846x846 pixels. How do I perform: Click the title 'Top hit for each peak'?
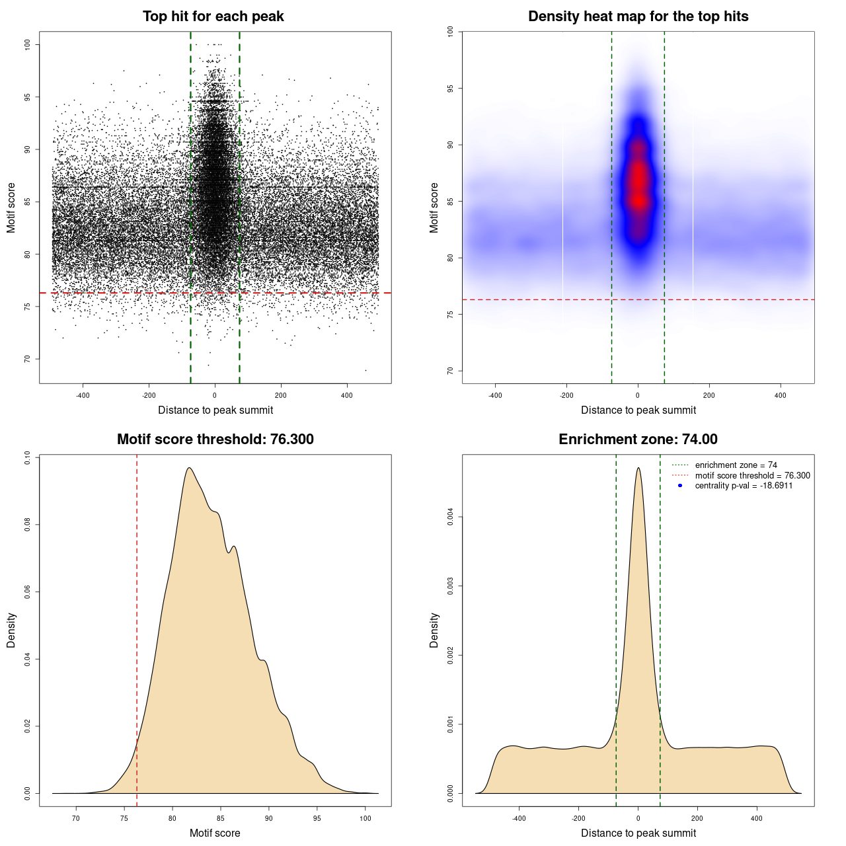[x=213, y=17]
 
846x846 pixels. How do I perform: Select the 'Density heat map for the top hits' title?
[x=638, y=17]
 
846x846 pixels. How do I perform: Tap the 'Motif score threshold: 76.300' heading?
[x=215, y=440]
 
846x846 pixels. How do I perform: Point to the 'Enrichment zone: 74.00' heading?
[x=638, y=440]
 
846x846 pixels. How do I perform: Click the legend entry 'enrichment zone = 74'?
[x=736, y=465]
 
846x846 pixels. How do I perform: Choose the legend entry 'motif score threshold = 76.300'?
[x=752, y=475]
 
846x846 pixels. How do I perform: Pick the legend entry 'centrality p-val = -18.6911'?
[x=744, y=486]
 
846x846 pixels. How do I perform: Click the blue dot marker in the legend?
[x=680, y=486]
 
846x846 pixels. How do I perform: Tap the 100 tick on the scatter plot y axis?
[x=27, y=44]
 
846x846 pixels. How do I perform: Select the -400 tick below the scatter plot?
[x=83, y=395]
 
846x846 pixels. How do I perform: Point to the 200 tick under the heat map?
[x=709, y=395]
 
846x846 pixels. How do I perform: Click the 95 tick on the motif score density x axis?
[x=317, y=818]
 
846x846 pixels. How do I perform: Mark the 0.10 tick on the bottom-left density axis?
[x=27, y=458]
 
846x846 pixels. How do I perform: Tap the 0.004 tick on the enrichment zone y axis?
[x=450, y=517]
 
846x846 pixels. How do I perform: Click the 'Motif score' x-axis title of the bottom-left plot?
[x=215, y=833]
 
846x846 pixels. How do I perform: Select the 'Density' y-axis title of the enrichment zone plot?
[x=434, y=630]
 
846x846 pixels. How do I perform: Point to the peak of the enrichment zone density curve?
[x=638, y=468]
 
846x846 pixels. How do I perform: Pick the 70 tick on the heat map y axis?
[x=450, y=371]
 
